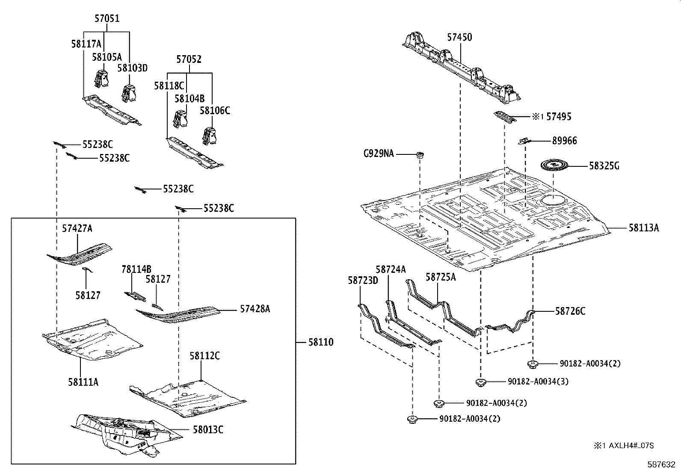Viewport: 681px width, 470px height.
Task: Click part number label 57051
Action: coord(107,19)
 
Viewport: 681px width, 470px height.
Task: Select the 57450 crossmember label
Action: coord(460,38)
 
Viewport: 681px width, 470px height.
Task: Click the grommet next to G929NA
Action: coord(420,154)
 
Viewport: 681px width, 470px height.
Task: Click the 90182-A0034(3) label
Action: coord(538,381)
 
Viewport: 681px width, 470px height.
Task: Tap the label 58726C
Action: coord(570,311)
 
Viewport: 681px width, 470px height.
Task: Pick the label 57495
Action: coord(559,117)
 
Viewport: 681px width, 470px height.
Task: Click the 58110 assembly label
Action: coord(320,343)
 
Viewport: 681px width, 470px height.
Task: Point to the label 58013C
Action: coord(207,430)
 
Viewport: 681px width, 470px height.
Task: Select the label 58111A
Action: coord(83,382)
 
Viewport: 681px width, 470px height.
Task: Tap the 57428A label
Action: coord(255,309)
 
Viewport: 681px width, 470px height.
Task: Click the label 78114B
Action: coord(136,269)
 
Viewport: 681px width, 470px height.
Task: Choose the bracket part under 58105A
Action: coord(101,79)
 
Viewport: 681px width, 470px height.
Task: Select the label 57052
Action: coord(189,59)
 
